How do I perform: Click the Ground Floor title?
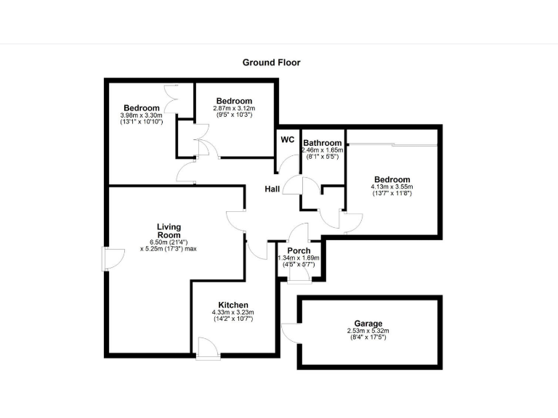pos(271,62)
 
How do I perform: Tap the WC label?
pos(288,139)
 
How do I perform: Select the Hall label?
pos(272,189)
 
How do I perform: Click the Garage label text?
pos(368,324)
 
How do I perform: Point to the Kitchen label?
pos(233,305)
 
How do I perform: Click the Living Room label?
pos(169,231)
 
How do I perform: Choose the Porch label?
pos(299,251)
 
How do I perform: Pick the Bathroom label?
pos(322,143)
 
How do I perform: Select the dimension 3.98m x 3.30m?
pos(141,115)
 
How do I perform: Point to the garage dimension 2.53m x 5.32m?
pos(368,331)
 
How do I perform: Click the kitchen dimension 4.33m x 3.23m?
pos(233,312)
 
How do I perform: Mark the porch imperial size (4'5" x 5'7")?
pos(299,265)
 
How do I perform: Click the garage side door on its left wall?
pos(290,332)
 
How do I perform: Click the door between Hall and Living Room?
pos(236,222)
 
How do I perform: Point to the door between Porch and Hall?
pos(299,234)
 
